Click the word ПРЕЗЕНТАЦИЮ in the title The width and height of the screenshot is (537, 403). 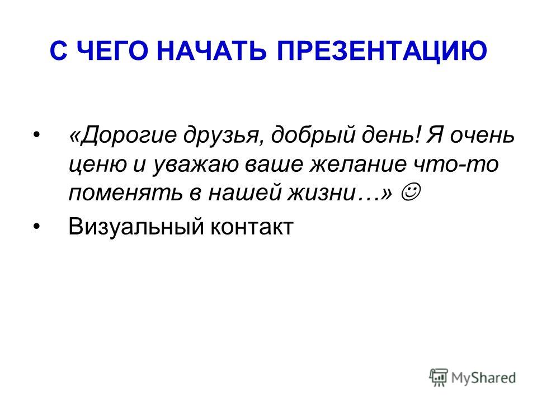pyautogui.click(x=382, y=51)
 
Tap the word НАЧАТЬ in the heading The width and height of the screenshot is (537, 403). pyautogui.click(x=211, y=51)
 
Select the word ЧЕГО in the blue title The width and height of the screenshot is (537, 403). pyautogui.click(x=112, y=51)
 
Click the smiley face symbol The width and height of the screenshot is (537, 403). pyautogui.click(x=410, y=193)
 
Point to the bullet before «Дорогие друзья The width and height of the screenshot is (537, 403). pyautogui.click(x=37, y=134)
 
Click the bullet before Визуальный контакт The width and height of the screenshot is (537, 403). pyautogui.click(x=37, y=227)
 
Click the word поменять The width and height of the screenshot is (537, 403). pyautogui.click(x=125, y=193)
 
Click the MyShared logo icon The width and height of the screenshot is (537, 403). pyautogui.click(x=439, y=378)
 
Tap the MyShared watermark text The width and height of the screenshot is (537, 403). pyautogui.click(x=483, y=378)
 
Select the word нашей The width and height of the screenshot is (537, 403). pyautogui.click(x=244, y=193)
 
